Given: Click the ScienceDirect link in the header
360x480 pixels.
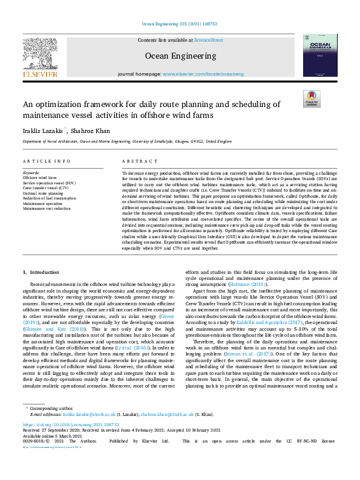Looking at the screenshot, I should click(208, 40).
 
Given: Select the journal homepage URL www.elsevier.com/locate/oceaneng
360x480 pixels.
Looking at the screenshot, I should click(203, 74).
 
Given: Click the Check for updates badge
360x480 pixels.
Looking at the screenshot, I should click(311, 99).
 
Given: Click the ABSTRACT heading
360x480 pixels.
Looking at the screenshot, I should click(136, 162).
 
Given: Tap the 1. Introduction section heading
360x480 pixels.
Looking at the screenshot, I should click(42, 273).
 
